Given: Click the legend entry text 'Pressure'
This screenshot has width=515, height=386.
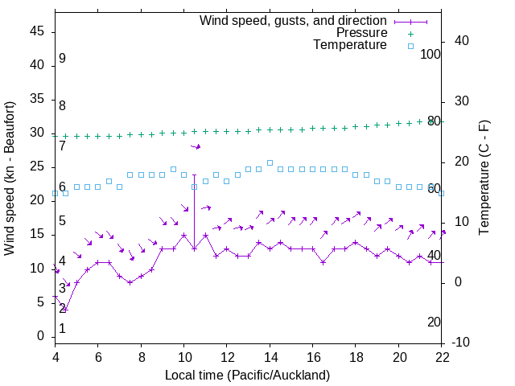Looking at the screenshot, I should (x=362, y=33).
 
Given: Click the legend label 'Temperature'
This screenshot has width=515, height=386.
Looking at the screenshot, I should (x=350, y=45).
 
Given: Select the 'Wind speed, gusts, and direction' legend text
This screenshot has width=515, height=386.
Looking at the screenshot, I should (x=294, y=20).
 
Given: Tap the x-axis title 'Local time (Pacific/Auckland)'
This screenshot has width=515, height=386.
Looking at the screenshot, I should (x=247, y=375).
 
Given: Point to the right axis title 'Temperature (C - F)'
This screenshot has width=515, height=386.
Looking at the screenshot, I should (x=484, y=179).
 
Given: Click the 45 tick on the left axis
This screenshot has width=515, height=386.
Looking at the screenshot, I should (x=38, y=31).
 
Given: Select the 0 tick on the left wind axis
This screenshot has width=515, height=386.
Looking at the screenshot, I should (x=42, y=336).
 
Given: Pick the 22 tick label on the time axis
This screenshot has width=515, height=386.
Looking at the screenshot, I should (x=443, y=356).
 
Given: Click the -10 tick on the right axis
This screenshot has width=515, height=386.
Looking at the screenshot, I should (x=463, y=343).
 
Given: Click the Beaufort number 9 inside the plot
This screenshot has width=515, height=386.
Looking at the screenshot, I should (x=62, y=59).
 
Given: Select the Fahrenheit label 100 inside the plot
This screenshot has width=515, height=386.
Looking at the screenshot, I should (x=431, y=54).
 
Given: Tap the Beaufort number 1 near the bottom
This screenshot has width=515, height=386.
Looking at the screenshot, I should (x=62, y=328).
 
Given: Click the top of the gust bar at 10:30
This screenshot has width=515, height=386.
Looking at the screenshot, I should (x=194, y=175).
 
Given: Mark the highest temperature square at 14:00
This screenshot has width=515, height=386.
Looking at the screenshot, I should (x=270, y=162).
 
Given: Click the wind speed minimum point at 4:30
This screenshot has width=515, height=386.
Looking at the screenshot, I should (x=65, y=309).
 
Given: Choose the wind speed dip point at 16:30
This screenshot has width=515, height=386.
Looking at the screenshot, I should (x=323, y=262).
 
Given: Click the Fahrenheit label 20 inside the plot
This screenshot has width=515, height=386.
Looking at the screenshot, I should (x=434, y=322).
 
